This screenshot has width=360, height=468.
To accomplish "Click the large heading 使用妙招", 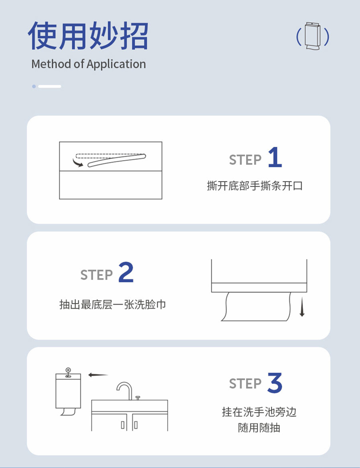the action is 88,36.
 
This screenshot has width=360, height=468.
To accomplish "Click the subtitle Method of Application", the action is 88,64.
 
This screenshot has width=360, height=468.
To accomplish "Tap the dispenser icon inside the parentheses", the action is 313,36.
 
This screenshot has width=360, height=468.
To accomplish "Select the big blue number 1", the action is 275,158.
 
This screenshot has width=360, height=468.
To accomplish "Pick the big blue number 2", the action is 126,272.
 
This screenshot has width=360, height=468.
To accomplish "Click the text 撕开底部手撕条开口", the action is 255,186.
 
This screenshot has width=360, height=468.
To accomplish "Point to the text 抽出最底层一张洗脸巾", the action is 113,304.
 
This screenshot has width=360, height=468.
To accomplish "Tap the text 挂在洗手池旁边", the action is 259,412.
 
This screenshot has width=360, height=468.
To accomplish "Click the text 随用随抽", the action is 259,428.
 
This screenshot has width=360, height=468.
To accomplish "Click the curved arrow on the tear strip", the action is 78,162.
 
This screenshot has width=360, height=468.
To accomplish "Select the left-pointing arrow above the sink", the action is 98,375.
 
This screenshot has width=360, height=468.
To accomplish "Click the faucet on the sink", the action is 124,390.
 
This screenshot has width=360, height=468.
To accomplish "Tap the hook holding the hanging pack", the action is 68,371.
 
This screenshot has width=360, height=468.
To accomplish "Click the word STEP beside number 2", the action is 96,275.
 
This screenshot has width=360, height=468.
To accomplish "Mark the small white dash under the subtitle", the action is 49,86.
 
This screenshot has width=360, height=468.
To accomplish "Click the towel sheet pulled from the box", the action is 257,307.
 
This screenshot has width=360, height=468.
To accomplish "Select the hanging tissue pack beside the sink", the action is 68,391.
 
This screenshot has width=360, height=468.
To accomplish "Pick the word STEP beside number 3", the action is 245,384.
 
